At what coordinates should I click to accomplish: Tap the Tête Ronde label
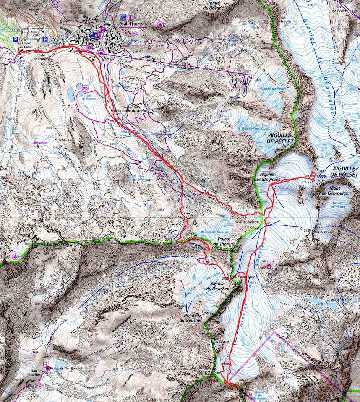[x=166, y=104]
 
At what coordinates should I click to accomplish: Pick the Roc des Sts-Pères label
[x=240, y=161]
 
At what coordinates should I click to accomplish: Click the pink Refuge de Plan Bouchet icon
[x=48, y=368]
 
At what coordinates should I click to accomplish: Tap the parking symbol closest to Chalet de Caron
[x=16, y=39]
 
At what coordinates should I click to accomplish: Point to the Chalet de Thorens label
[x=41, y=57]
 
